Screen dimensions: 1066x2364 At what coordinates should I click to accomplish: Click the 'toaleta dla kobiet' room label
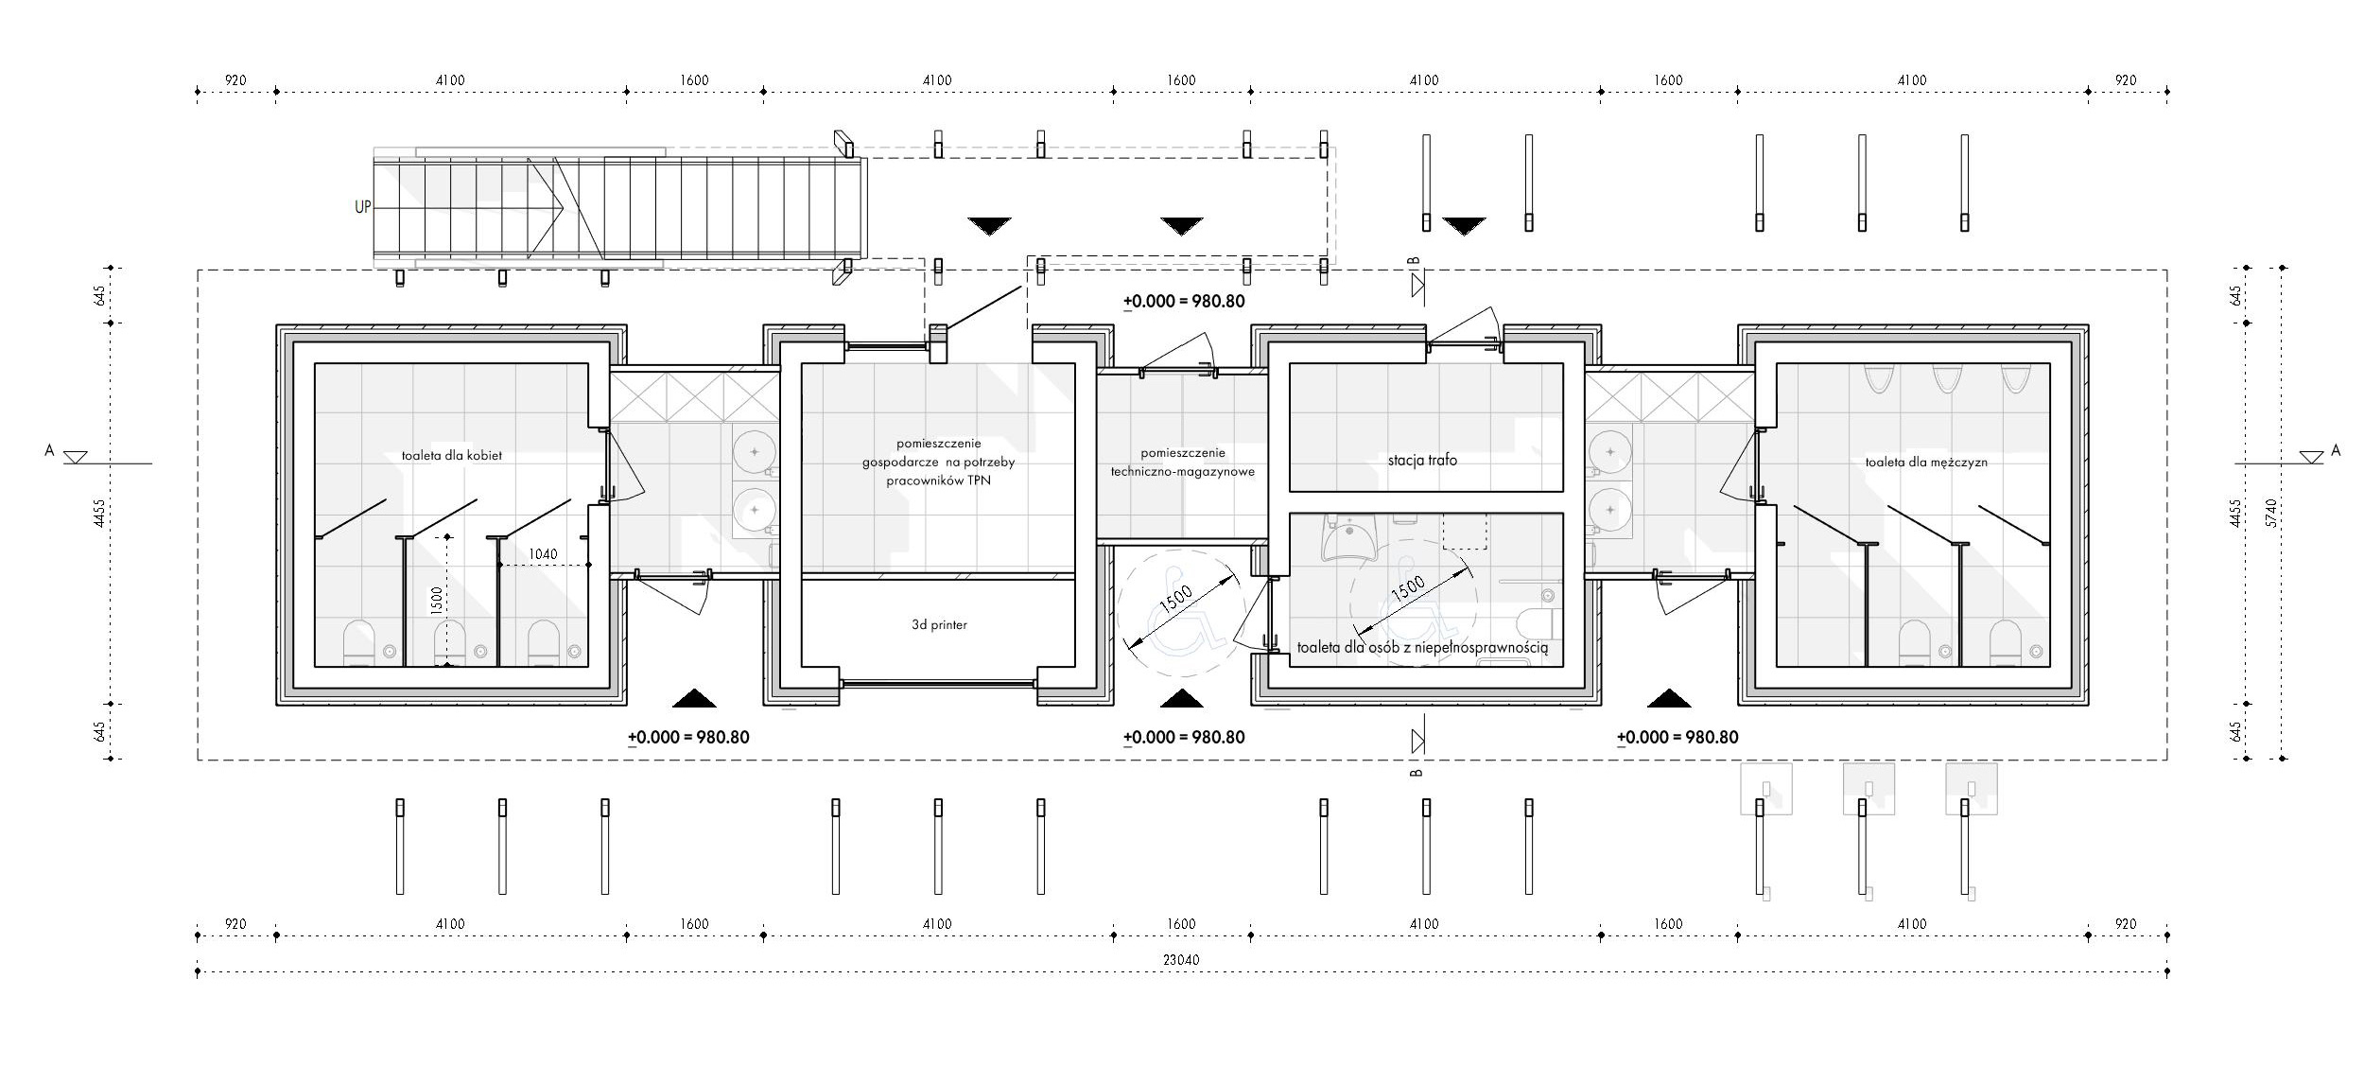pos(451,455)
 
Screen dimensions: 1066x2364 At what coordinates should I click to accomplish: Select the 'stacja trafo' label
pos(1422,461)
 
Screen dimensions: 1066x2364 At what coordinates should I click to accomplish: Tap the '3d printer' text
pos(939,624)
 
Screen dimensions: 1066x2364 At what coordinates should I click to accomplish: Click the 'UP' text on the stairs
pos(363,207)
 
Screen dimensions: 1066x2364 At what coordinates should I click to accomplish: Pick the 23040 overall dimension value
pos(1180,960)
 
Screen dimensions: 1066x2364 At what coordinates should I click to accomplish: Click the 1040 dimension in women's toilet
pos(543,554)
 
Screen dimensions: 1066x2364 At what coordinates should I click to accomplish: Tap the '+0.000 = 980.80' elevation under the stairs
pos(1184,302)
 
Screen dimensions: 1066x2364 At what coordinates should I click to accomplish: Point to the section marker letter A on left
pos(49,451)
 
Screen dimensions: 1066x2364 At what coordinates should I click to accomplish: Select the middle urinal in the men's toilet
pos(1944,378)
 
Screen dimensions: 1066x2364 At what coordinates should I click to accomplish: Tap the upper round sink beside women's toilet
pos(754,453)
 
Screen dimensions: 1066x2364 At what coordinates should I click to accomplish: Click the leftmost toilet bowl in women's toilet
pos(359,642)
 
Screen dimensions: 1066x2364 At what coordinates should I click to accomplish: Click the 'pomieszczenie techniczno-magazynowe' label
pos(1182,462)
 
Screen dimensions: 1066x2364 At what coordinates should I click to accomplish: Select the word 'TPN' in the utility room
pos(977,481)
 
